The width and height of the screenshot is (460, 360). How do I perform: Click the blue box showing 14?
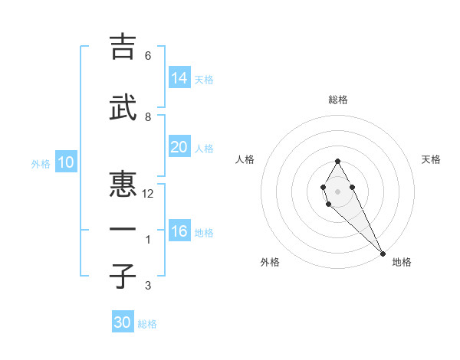pos(179,78)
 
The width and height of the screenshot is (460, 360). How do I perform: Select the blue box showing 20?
pos(179,147)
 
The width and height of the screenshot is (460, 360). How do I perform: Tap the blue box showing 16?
pos(179,231)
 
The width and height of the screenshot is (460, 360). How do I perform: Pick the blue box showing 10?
pos(66,162)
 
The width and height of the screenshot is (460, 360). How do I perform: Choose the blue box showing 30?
pos(123,322)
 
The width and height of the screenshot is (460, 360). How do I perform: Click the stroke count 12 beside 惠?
pos(149,194)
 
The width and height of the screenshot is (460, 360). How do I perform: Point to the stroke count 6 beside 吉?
pos(148,56)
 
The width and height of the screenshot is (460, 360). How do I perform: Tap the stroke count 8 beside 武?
pos(148,117)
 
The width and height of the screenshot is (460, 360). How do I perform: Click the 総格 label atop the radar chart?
pos(338,100)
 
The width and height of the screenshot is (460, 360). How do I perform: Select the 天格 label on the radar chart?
pos(431,159)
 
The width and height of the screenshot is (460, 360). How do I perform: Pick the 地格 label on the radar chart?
pos(402,262)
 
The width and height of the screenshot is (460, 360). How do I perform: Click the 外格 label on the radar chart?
pos(270,262)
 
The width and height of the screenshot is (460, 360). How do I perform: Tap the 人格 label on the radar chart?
pos(245,159)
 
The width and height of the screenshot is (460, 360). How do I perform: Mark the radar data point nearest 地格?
pos(382,253)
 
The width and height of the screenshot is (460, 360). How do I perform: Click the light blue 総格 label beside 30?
pos(147,324)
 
